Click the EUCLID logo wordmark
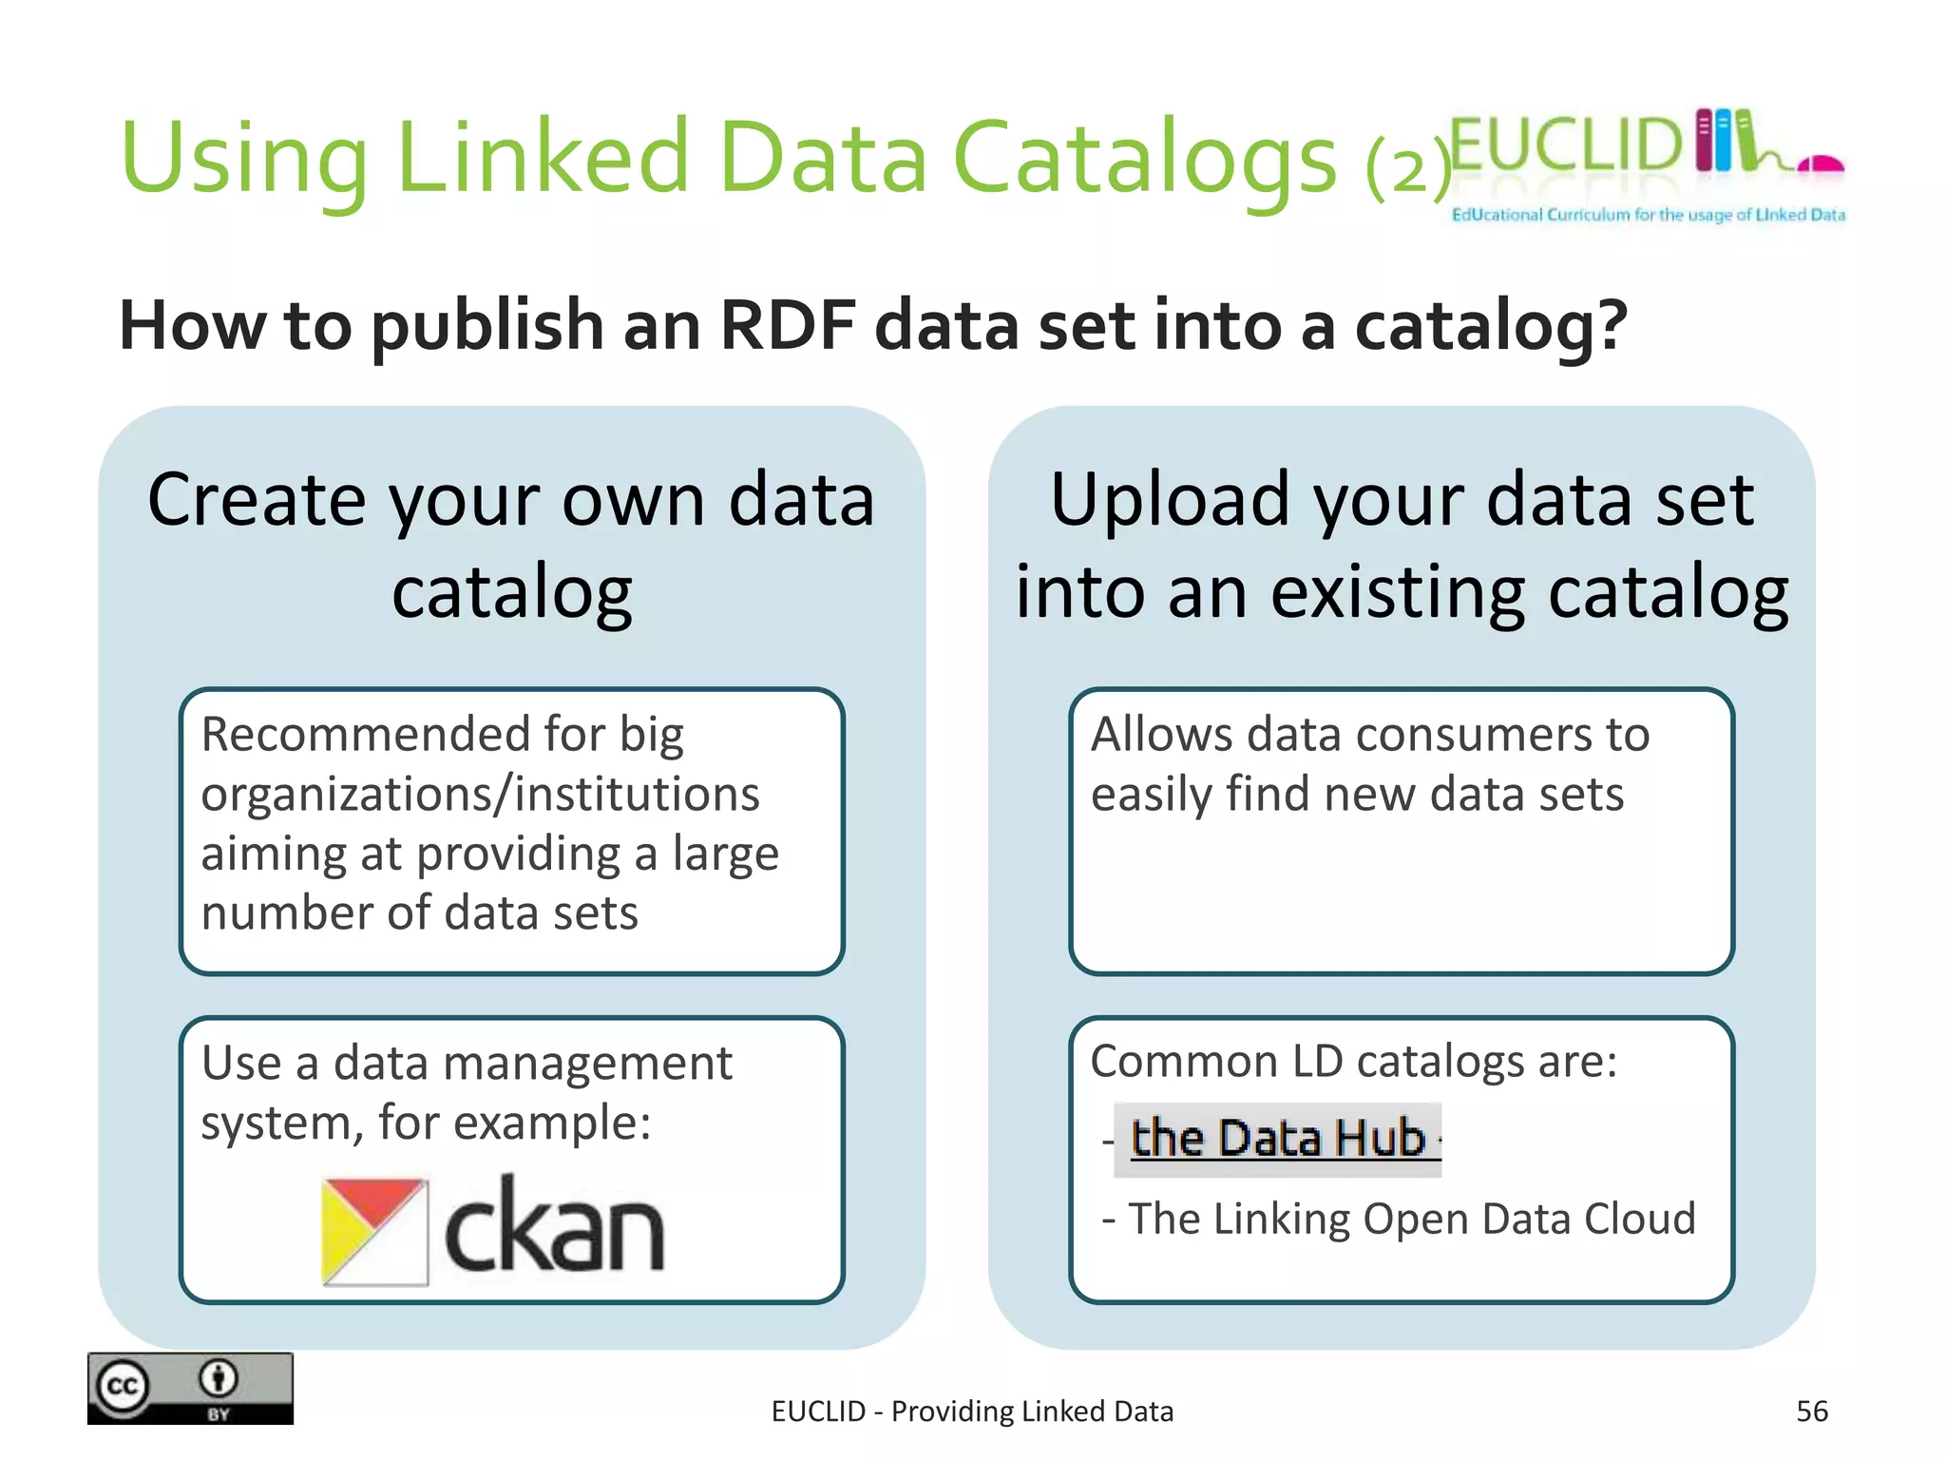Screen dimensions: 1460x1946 1566,145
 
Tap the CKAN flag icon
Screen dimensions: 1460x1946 374,1232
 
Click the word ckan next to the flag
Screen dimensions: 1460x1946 554,1229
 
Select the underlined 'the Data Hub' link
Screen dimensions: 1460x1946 1278,1139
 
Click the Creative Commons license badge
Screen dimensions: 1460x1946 190,1388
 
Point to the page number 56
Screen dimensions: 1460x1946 1811,1412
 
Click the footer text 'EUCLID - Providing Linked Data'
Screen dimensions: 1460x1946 972,1412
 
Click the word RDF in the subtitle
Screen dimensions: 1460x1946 788,326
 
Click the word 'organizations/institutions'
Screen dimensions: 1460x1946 480,795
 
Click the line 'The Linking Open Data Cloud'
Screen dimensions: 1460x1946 1411,1219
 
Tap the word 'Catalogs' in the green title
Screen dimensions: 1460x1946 1144,158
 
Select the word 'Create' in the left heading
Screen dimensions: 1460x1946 255,500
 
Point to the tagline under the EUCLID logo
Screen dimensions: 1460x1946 1648,215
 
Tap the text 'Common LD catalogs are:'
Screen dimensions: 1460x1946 1353,1061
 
